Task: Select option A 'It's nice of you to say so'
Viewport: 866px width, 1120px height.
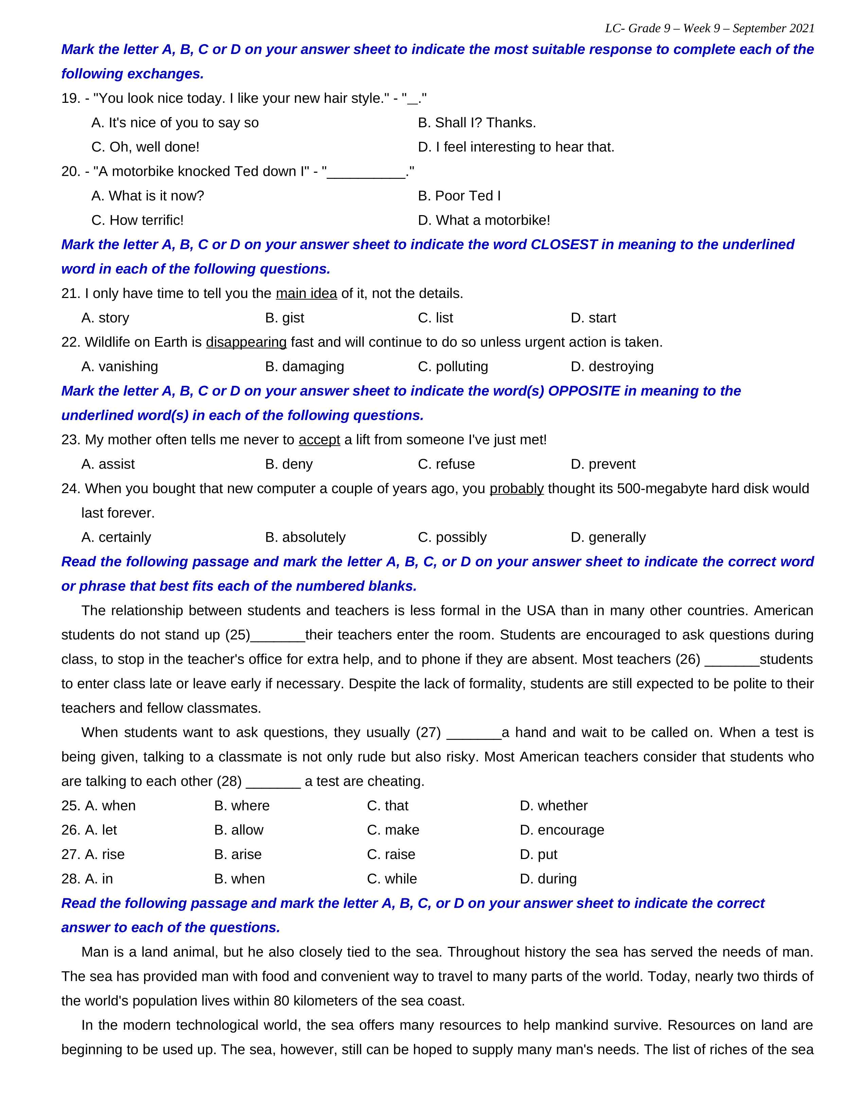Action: coord(175,123)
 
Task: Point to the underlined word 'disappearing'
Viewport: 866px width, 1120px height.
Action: coord(246,342)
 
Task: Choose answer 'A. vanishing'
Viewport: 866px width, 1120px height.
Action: coord(120,367)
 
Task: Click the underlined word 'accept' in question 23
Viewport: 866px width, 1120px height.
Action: coord(319,440)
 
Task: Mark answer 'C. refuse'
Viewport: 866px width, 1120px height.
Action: coord(446,464)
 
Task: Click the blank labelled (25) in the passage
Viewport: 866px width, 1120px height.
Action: coord(277,635)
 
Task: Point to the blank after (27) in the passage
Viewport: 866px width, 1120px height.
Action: coord(474,733)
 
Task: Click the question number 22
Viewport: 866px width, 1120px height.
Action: coord(70,342)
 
